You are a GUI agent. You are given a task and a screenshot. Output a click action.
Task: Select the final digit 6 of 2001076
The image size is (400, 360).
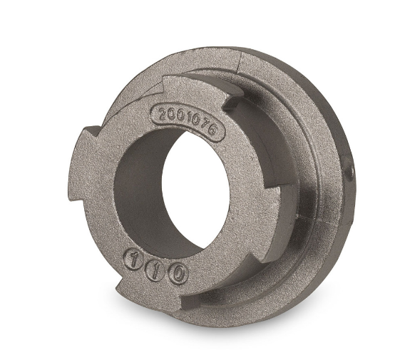coord(212,130)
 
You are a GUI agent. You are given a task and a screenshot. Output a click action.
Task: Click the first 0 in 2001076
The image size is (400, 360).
coord(171,113)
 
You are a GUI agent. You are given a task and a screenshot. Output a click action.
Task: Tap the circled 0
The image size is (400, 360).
coord(178,275)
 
